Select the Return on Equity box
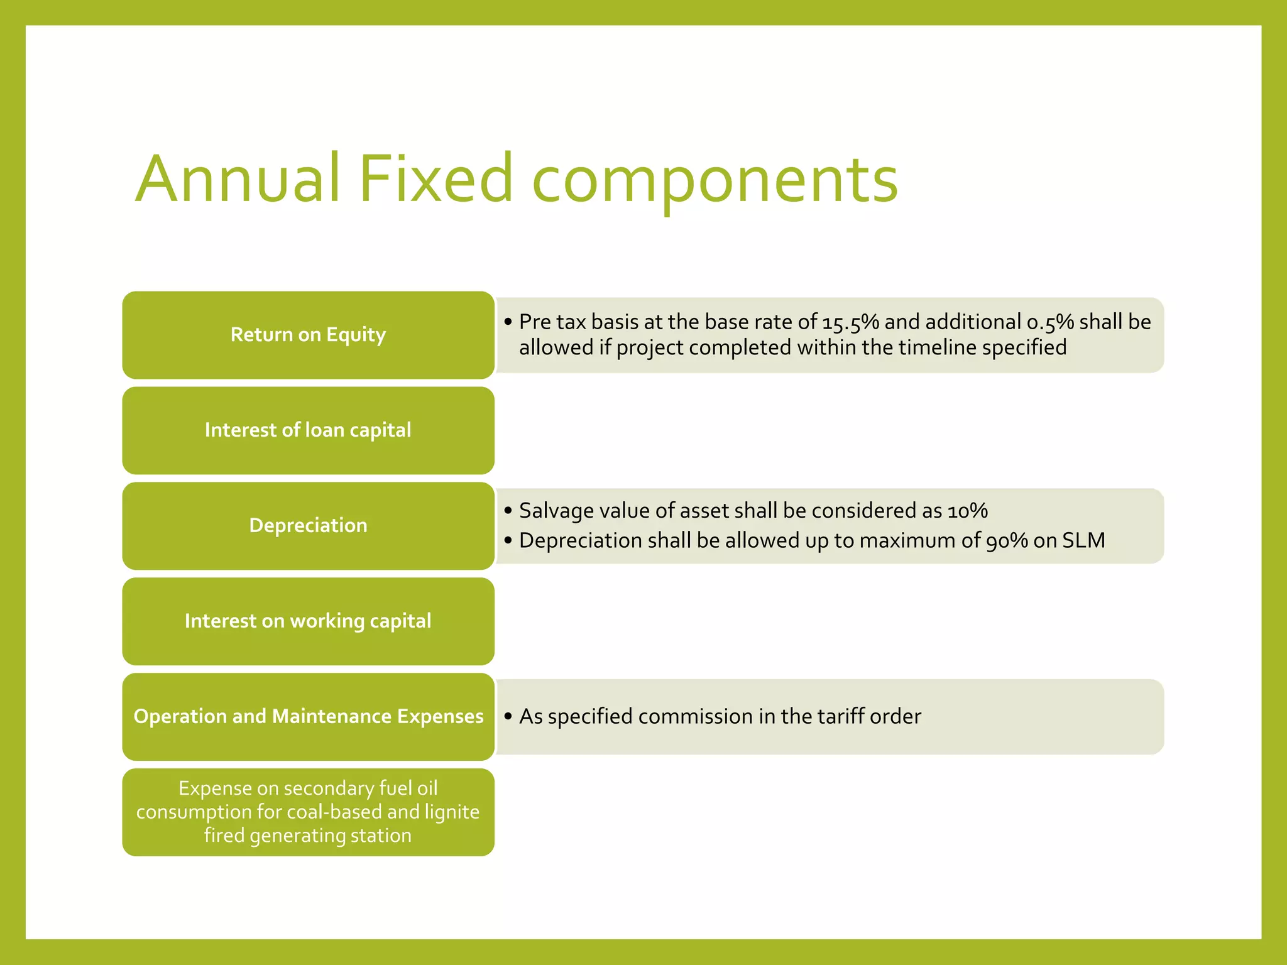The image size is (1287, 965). pos(308,335)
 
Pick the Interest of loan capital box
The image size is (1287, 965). pos(308,430)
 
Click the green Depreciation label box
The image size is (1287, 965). pos(308,526)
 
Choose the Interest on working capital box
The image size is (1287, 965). pos(308,621)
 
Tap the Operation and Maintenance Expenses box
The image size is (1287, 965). pos(308,717)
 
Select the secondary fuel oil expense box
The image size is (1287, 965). pos(308,812)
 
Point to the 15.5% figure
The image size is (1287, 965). pos(850,322)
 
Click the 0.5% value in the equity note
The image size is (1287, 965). pos(1050,322)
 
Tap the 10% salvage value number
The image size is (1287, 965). pos(968,511)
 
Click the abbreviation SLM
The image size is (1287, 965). pos(1083,541)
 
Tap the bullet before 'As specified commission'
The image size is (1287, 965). pos(508,717)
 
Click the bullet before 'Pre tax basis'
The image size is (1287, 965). pos(508,322)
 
